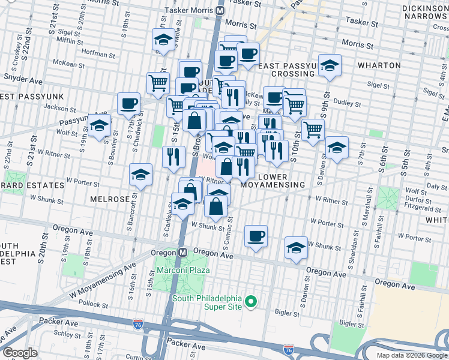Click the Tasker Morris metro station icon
tap(220, 10)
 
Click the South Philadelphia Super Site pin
tap(252, 302)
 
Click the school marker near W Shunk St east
tap(296, 247)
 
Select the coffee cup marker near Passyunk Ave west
tap(128, 103)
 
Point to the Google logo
tap(20, 353)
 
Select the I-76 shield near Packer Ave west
tap(138, 324)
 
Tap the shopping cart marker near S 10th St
tap(313, 129)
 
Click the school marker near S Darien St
tap(337, 147)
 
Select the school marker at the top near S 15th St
tap(161, 40)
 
